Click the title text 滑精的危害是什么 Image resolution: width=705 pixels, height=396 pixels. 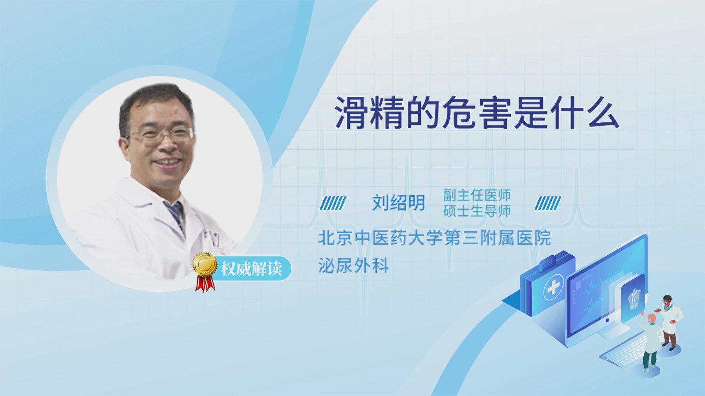pos(477,113)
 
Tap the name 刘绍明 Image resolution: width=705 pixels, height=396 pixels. pos(398,203)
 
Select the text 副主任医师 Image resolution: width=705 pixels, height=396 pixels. pos(476,195)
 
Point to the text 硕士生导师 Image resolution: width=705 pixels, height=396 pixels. pos(476,211)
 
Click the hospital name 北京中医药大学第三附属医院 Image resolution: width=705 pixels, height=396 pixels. pos(434,238)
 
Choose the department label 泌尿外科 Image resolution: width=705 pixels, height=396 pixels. pos(353,266)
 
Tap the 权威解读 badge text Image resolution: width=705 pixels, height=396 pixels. pos(251,269)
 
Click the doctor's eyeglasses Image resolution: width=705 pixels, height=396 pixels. pos(160,135)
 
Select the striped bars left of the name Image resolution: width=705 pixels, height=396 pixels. pos(333,203)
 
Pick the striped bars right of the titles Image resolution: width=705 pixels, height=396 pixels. pos(548,203)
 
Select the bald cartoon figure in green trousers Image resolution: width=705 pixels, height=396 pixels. pos(649,343)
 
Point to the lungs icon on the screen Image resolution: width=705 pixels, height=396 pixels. pos(634,300)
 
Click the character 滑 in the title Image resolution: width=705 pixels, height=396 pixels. pos(352,113)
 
